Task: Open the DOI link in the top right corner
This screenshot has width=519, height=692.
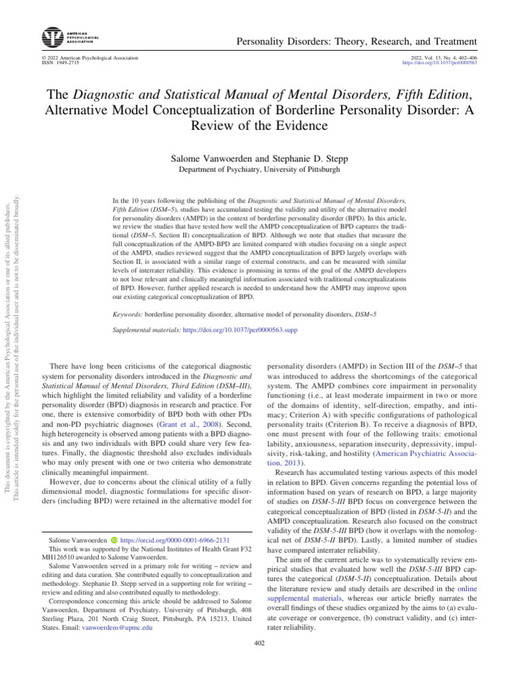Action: pyautogui.click(x=439, y=62)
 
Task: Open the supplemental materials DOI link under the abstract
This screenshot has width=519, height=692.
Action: pyautogui.click(x=240, y=330)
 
